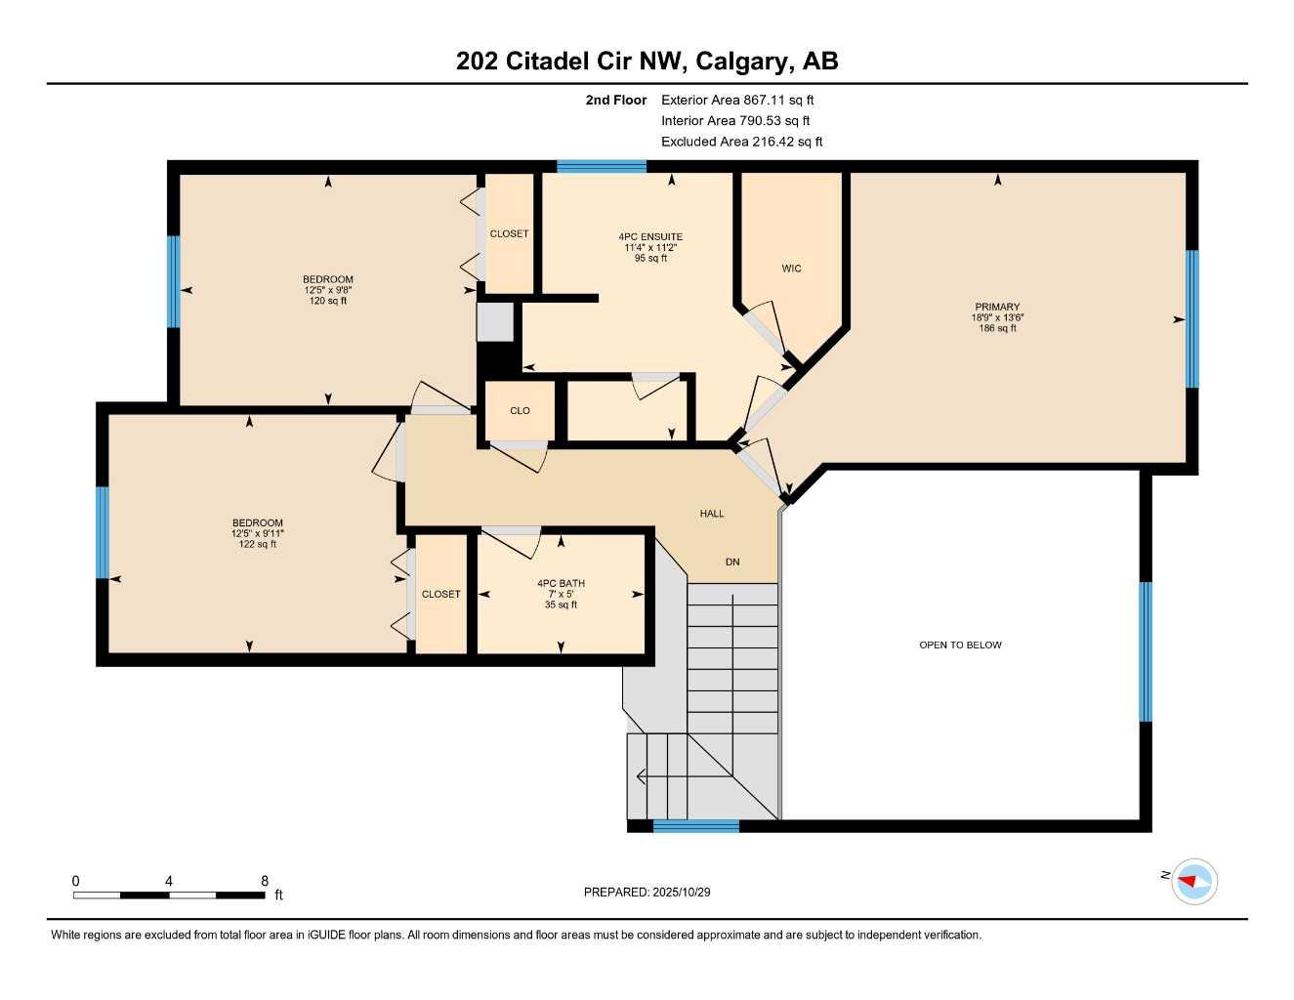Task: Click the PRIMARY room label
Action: click(997, 307)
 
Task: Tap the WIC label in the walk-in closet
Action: click(791, 269)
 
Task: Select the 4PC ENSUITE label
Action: click(650, 237)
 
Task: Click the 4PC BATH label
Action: click(561, 584)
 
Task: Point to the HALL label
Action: click(712, 514)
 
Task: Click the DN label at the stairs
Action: click(732, 562)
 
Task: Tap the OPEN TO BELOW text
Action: click(960, 646)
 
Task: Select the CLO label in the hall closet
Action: click(520, 411)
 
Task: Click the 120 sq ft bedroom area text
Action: click(328, 302)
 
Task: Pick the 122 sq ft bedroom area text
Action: click(258, 545)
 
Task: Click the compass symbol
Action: click(1194, 882)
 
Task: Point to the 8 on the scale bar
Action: click(265, 881)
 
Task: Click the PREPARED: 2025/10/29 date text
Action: click(647, 893)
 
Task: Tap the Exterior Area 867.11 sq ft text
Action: click(737, 100)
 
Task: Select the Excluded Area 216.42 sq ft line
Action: click(741, 142)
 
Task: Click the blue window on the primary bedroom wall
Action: click(1191, 319)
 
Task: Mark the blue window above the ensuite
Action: click(602, 167)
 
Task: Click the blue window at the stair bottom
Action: click(695, 826)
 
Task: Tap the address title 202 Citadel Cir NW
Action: click(647, 62)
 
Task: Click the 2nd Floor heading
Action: click(616, 100)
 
